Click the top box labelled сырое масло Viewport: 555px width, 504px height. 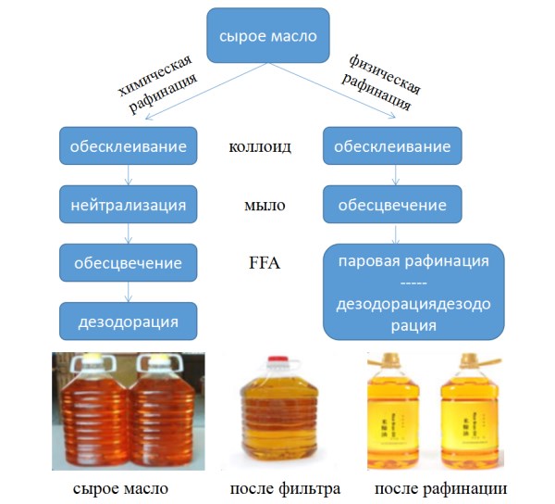coord(267,37)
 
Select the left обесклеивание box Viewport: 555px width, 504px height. coord(129,146)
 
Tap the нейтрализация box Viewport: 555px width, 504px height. coord(129,205)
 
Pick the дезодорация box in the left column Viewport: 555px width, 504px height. coord(129,321)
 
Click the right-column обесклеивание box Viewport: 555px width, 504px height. coord(392,146)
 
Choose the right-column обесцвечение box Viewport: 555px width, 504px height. coord(392,205)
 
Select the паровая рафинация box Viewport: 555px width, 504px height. coord(413,292)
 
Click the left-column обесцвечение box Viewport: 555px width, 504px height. coord(129,263)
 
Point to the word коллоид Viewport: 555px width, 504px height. coord(260,146)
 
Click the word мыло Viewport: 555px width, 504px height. coord(260,205)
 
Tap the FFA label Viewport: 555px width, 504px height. coord(260,264)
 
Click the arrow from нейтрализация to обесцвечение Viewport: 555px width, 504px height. coord(129,233)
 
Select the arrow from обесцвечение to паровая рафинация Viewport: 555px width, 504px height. coord(392,233)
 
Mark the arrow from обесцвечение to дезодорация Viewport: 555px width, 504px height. coord(129,292)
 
